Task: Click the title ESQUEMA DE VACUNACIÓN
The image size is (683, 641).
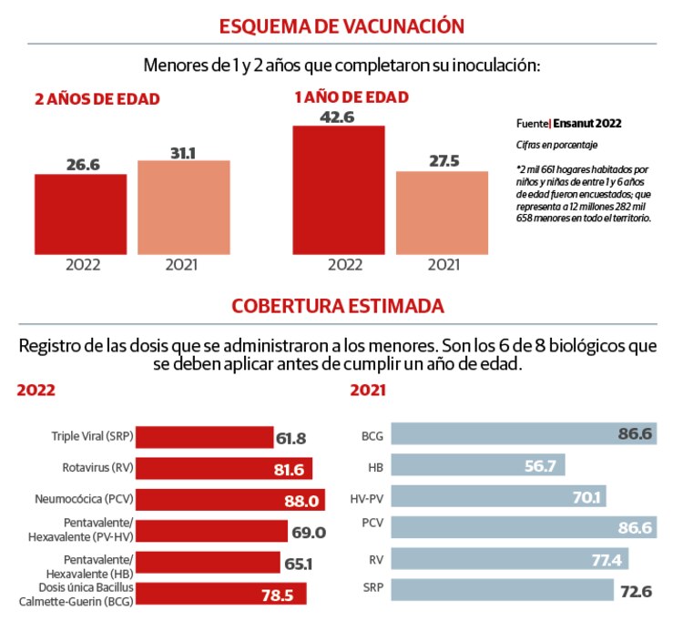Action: click(x=341, y=25)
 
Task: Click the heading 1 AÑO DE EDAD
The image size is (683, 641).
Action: click(x=351, y=97)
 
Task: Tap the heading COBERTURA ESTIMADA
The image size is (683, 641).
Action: click(x=338, y=305)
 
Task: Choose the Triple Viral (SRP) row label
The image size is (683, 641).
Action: click(x=93, y=437)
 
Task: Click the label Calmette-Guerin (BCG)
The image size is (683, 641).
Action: click(x=81, y=600)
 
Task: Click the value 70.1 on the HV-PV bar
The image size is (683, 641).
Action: click(x=583, y=497)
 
